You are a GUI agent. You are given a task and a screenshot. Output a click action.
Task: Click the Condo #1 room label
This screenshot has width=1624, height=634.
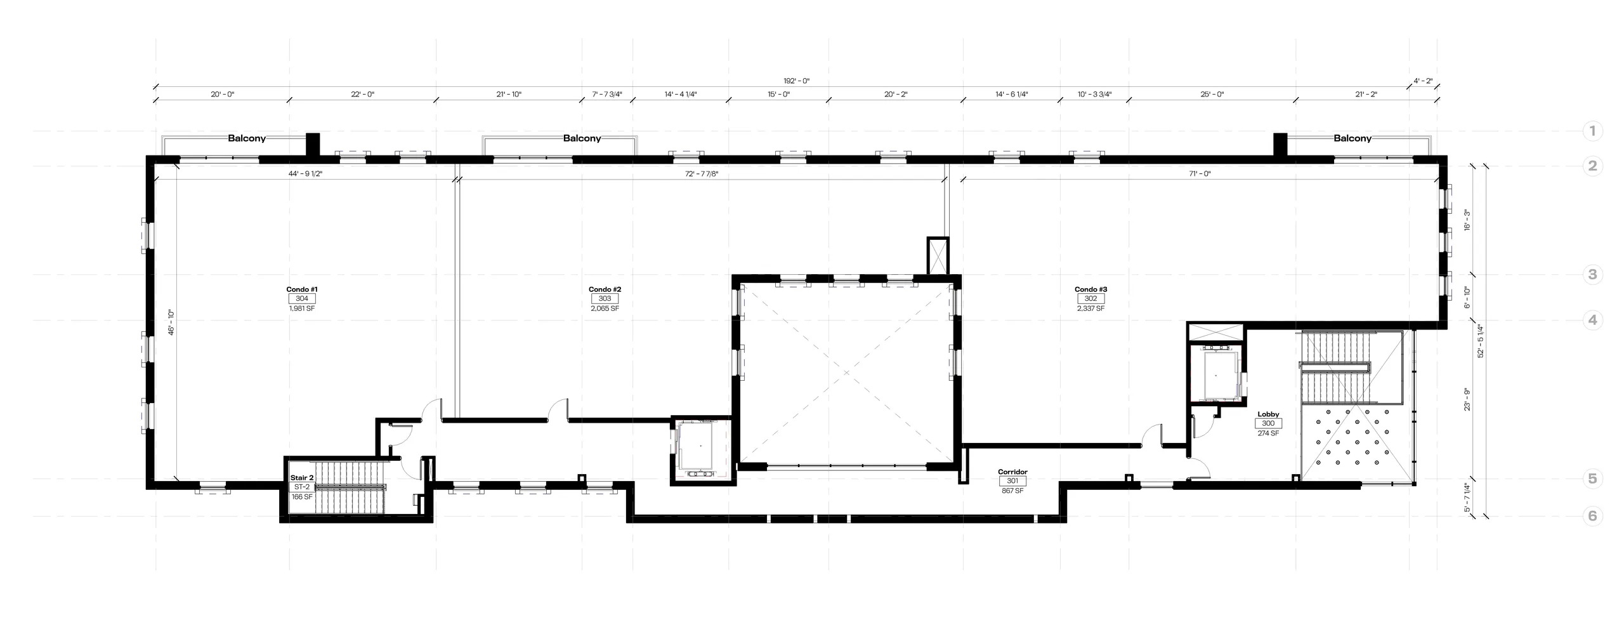[x=301, y=289]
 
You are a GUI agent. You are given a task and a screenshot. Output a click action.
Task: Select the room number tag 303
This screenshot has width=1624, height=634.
[x=605, y=299]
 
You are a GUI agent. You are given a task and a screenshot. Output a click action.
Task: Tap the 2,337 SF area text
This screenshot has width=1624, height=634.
[x=1090, y=308]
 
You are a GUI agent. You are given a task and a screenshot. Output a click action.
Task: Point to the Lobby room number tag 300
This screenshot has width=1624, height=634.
[x=1268, y=424]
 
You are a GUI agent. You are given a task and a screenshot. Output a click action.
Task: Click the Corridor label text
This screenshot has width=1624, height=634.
[x=1012, y=472]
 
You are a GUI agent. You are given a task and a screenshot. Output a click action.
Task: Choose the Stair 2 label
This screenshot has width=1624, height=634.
[x=302, y=478]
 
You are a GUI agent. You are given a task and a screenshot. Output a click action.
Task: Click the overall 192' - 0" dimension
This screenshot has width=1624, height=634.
[x=797, y=81]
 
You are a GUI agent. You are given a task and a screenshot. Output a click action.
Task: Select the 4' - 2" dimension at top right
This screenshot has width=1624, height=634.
[x=1423, y=81]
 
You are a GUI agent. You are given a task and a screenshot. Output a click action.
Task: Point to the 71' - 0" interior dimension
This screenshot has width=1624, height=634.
[x=1200, y=173]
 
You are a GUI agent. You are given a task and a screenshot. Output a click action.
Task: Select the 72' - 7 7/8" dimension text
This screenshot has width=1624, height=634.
[x=701, y=173]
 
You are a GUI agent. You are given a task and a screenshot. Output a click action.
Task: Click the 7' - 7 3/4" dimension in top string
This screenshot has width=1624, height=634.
[x=607, y=95]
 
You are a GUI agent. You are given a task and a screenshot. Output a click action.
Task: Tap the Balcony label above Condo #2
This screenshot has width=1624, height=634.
[x=582, y=138]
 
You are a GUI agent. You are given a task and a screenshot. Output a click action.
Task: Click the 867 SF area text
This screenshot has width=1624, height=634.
[x=1012, y=491]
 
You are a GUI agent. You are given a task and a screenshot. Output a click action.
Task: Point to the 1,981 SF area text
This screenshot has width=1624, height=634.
[x=301, y=308]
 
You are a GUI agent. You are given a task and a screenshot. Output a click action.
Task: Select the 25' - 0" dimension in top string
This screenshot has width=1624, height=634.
[x=1212, y=95]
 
